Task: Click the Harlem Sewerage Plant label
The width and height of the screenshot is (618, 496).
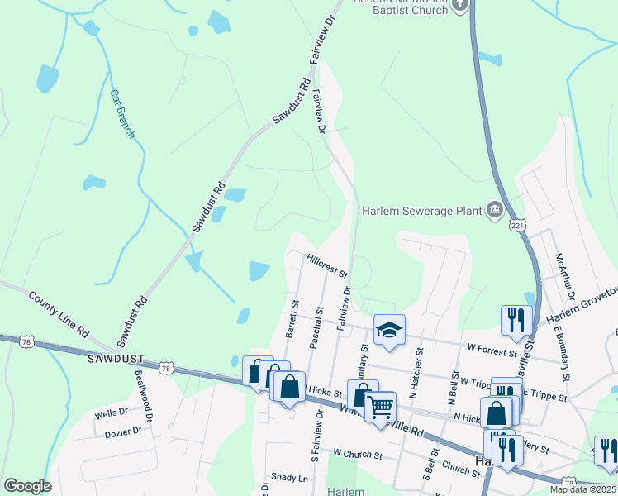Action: point(421,211)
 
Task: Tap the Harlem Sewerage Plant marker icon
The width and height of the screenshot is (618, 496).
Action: point(495,210)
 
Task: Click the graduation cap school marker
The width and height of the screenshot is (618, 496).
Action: point(390,330)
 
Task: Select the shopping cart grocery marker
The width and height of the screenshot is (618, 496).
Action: point(380,407)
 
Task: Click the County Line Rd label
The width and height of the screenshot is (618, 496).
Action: point(59,313)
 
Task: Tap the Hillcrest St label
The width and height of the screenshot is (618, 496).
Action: point(327,265)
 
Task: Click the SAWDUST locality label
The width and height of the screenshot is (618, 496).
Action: point(115,360)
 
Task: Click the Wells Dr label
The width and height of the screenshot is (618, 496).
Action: point(111,412)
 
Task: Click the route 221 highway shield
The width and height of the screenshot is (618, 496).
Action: point(518,224)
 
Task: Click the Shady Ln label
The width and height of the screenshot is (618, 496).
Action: point(289,478)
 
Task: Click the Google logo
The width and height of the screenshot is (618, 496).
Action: point(27,486)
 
